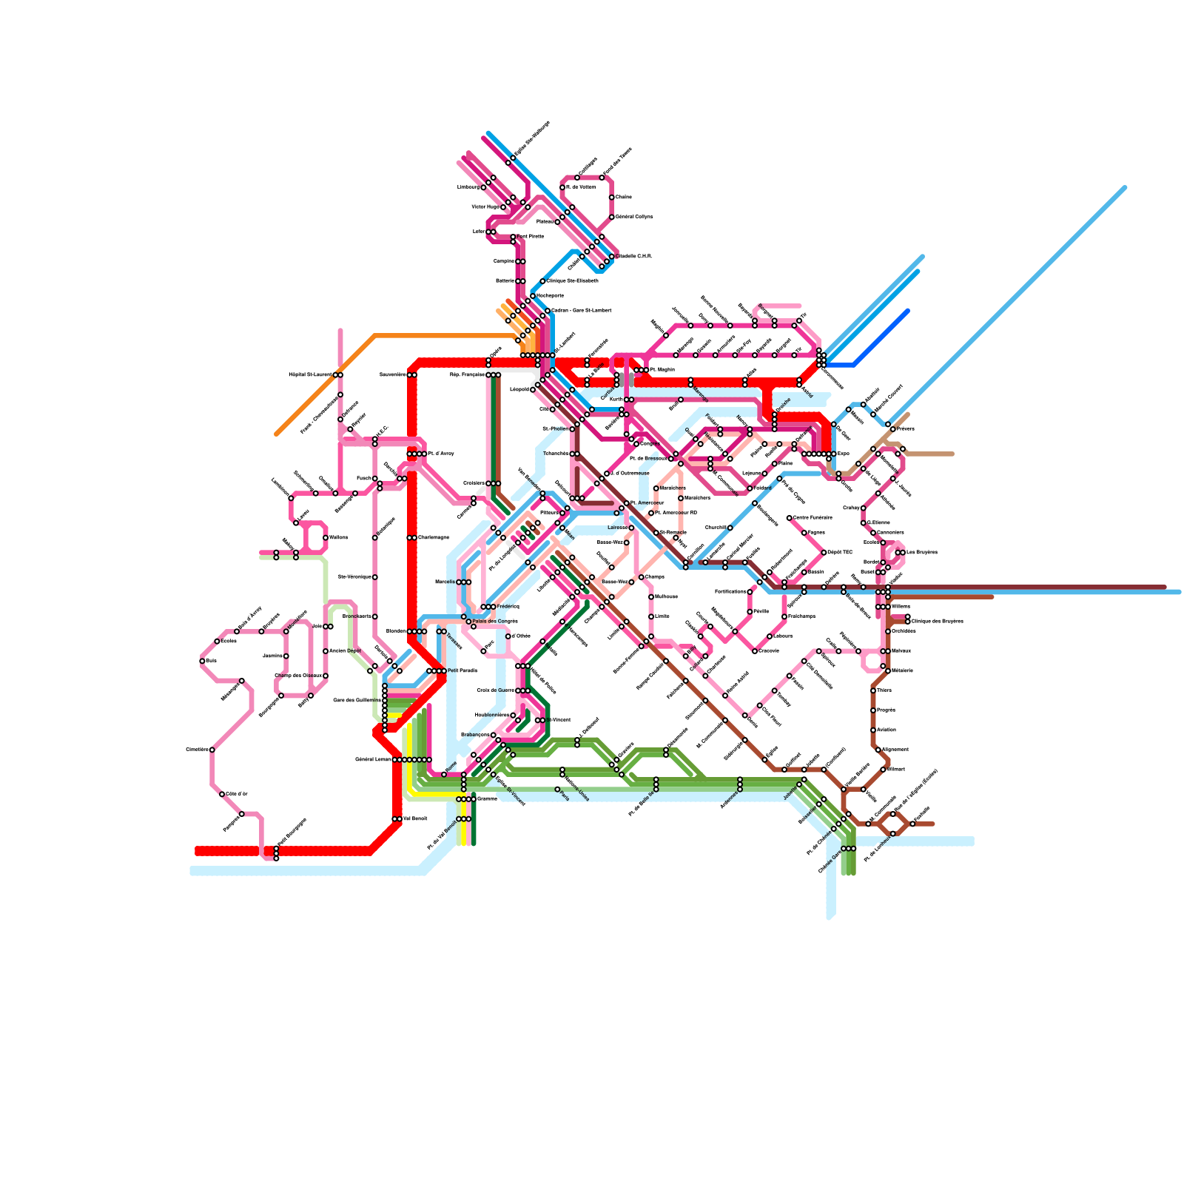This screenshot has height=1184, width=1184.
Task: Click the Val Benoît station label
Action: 415,818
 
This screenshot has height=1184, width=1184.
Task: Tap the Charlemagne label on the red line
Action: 433,537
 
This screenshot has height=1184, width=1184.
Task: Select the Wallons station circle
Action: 326,538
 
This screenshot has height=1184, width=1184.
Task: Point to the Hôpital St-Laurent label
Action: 310,374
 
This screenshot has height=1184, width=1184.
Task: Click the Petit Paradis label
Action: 462,670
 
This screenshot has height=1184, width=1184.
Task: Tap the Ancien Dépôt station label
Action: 345,650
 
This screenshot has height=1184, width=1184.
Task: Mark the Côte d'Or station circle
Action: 222,794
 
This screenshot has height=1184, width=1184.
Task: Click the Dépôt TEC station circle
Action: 824,552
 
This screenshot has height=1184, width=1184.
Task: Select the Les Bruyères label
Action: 922,552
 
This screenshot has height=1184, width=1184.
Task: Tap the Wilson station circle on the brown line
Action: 883,769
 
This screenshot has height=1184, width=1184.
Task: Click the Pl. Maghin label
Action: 662,369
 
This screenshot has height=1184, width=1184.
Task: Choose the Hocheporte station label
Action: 550,295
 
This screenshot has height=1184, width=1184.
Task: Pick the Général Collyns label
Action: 634,217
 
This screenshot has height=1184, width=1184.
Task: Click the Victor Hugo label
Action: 485,207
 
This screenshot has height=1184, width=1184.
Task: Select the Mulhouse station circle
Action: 651,596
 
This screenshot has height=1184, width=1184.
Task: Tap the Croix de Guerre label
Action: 495,690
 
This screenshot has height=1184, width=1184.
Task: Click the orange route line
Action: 326,385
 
